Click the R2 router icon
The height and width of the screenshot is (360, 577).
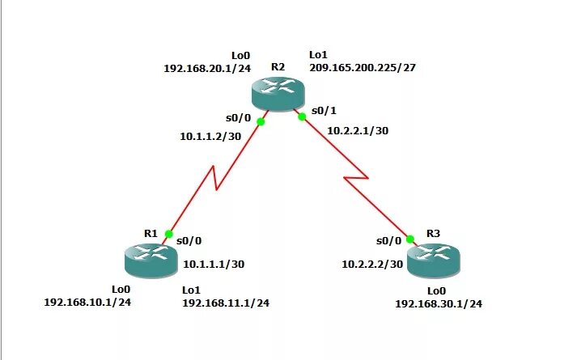[x=277, y=93]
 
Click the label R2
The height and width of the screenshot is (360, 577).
[x=278, y=66]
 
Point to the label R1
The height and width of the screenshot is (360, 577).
[x=151, y=233]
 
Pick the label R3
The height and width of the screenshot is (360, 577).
[x=433, y=233]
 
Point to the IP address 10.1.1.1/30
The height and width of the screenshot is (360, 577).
[x=214, y=264]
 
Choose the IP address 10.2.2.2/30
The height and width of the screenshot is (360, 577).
[x=372, y=264]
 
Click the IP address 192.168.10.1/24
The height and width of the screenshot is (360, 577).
[x=87, y=302]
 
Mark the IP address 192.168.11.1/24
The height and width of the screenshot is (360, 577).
[x=226, y=303]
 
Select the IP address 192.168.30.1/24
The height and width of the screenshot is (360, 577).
[x=439, y=303]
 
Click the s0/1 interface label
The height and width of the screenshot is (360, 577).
[x=323, y=109]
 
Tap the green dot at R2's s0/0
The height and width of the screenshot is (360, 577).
[x=261, y=122]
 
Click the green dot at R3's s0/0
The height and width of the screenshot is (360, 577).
[x=409, y=239]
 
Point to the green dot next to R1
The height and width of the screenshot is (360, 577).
[x=168, y=234]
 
